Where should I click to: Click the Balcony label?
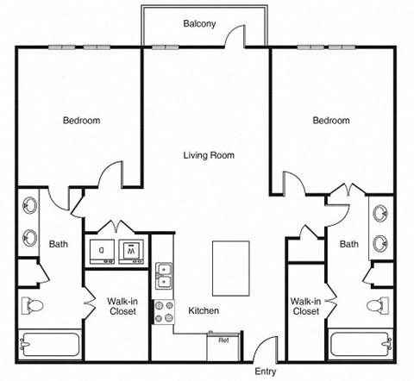coord(198,24)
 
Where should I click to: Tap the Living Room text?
coord(209,156)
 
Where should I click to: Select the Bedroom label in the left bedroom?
coord(81,121)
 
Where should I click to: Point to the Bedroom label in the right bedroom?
coord(330,121)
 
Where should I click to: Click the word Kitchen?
coord(204,310)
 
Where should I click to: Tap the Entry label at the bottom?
coord(266,372)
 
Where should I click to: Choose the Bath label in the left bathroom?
coord(58,244)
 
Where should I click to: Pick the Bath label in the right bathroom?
coord(348,244)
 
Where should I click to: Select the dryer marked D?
coord(101,251)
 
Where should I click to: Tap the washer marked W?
coord(134,251)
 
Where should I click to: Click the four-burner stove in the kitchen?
coord(162,311)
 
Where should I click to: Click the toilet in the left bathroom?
coord(35,306)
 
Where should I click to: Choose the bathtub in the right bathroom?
coord(361,343)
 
